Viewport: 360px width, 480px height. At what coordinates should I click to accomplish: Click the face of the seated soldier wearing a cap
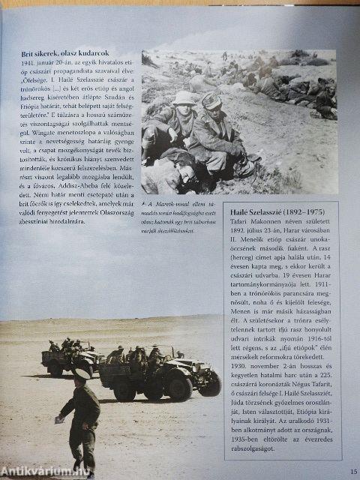[212, 106]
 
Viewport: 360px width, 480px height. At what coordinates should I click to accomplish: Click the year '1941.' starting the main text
[30, 65]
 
